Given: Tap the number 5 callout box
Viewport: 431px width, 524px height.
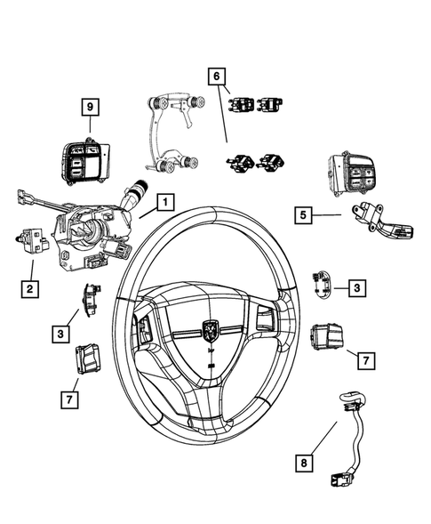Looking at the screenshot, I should point(303,214).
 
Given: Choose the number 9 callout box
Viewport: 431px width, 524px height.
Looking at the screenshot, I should point(89,107).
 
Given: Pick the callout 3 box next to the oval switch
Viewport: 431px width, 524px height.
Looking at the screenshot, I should point(355,286).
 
